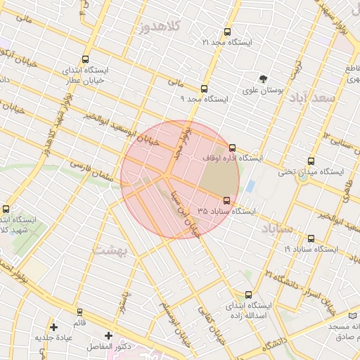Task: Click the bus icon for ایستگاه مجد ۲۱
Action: tap(226, 32)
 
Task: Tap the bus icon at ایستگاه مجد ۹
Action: tap(205, 89)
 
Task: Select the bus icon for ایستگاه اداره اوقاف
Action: tap(233, 148)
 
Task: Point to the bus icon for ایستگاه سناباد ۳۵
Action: tap(226, 200)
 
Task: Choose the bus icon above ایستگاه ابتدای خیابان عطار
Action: tap(85, 60)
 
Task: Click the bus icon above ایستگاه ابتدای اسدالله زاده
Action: tap(248, 295)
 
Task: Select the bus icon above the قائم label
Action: tap(79, 311)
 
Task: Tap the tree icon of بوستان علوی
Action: tap(263, 79)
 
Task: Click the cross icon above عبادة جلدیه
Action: tap(54, 326)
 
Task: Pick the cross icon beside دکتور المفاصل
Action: tap(108, 335)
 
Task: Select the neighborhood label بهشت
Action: tap(108, 251)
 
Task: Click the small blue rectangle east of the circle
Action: tap(250, 186)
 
